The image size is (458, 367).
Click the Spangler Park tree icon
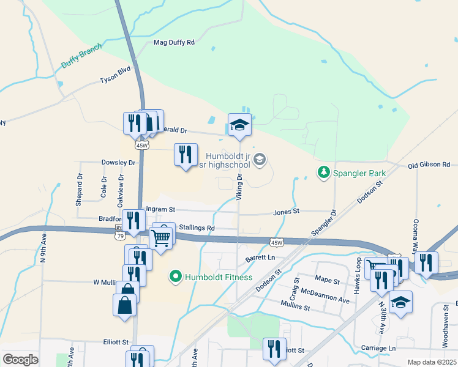(x=323, y=173)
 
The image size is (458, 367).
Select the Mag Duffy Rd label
(x=173, y=42)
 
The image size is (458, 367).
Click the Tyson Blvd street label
(x=116, y=80)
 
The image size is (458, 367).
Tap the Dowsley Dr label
(x=118, y=163)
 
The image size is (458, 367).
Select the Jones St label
(x=286, y=212)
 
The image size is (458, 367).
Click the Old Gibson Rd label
(x=429, y=165)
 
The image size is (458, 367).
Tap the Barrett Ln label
(x=260, y=258)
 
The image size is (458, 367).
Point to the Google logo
(x=20, y=360)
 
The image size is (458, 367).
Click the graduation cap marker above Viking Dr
(x=239, y=125)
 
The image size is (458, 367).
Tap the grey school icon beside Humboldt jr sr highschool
(x=260, y=160)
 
